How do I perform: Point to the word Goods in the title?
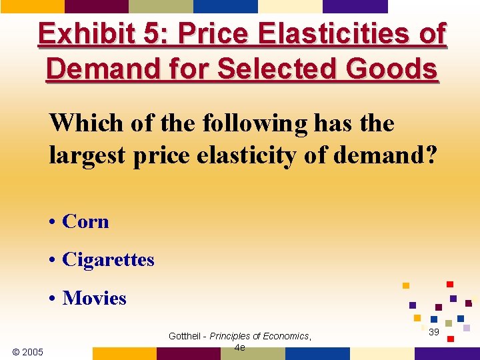(400, 69)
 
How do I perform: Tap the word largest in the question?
(83, 155)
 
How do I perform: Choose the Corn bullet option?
(85, 221)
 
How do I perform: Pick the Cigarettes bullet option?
(107, 259)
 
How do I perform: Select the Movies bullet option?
(93, 298)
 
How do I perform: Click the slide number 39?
(433, 332)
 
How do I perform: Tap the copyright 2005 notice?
(28, 352)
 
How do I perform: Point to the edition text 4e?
(239, 347)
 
